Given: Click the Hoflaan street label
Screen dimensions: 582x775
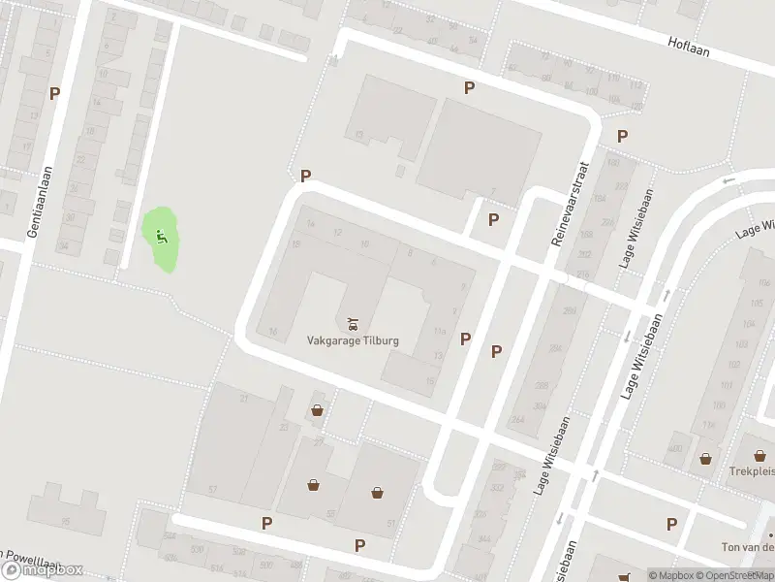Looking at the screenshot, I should (689, 45).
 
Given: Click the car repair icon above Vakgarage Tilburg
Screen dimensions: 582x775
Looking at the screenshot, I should (351, 320).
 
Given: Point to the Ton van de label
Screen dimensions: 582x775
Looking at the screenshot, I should (747, 547).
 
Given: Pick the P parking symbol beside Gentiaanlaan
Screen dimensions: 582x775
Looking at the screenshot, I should (55, 94).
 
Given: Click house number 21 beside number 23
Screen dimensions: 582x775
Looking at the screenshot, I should (245, 399).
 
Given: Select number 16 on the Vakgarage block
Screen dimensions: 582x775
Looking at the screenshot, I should (273, 332).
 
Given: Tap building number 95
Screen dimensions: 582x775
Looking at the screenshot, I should (66, 522).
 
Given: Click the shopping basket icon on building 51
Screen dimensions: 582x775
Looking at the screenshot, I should (377, 493).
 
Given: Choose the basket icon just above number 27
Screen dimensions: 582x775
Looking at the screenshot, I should (317, 411).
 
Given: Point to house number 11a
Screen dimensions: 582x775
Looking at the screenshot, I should (439, 333).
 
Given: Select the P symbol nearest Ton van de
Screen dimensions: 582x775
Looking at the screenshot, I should (671, 525).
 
